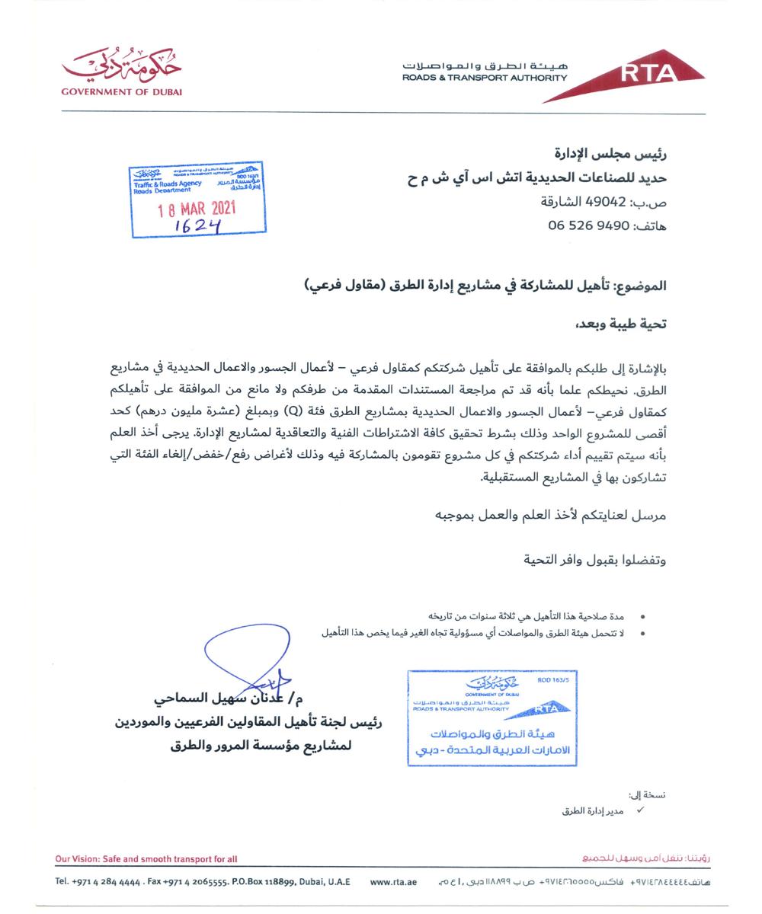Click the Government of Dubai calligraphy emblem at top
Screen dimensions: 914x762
point(122,69)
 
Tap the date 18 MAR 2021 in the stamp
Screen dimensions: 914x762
point(197,209)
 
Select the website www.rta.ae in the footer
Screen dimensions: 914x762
point(393,882)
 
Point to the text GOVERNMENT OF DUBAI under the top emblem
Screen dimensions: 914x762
point(122,92)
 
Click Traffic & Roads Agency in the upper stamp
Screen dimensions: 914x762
point(168,184)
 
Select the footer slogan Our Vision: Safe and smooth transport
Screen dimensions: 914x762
point(146,859)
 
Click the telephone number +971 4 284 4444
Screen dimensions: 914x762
point(97,882)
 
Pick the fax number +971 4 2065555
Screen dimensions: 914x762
point(187,882)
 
